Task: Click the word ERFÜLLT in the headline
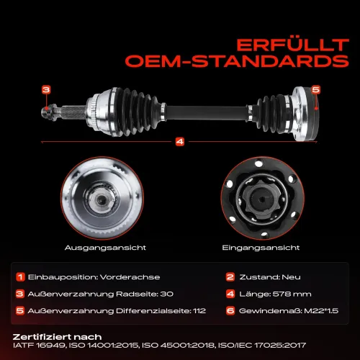pyautogui.click(x=293, y=45)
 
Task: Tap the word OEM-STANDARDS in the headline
pyautogui.click(x=237, y=61)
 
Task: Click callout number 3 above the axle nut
pyautogui.click(x=46, y=90)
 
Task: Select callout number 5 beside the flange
pyautogui.click(x=316, y=90)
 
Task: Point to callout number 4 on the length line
pyautogui.click(x=180, y=142)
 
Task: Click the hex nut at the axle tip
pyautogui.click(x=49, y=112)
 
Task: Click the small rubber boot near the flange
pyautogui.click(x=271, y=113)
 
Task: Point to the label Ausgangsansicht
pyautogui.click(x=105, y=248)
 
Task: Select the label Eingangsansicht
pyautogui.click(x=261, y=248)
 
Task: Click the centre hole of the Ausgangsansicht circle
pyautogui.click(x=101, y=199)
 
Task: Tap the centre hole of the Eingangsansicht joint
pyautogui.click(x=262, y=199)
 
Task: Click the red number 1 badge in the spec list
pyautogui.click(x=20, y=277)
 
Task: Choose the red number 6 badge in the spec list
pyautogui.click(x=230, y=311)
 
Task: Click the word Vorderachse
pyautogui.click(x=130, y=277)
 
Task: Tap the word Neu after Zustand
pyautogui.click(x=291, y=277)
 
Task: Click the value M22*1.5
pyautogui.click(x=321, y=311)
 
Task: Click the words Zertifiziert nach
pyautogui.click(x=57, y=337)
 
